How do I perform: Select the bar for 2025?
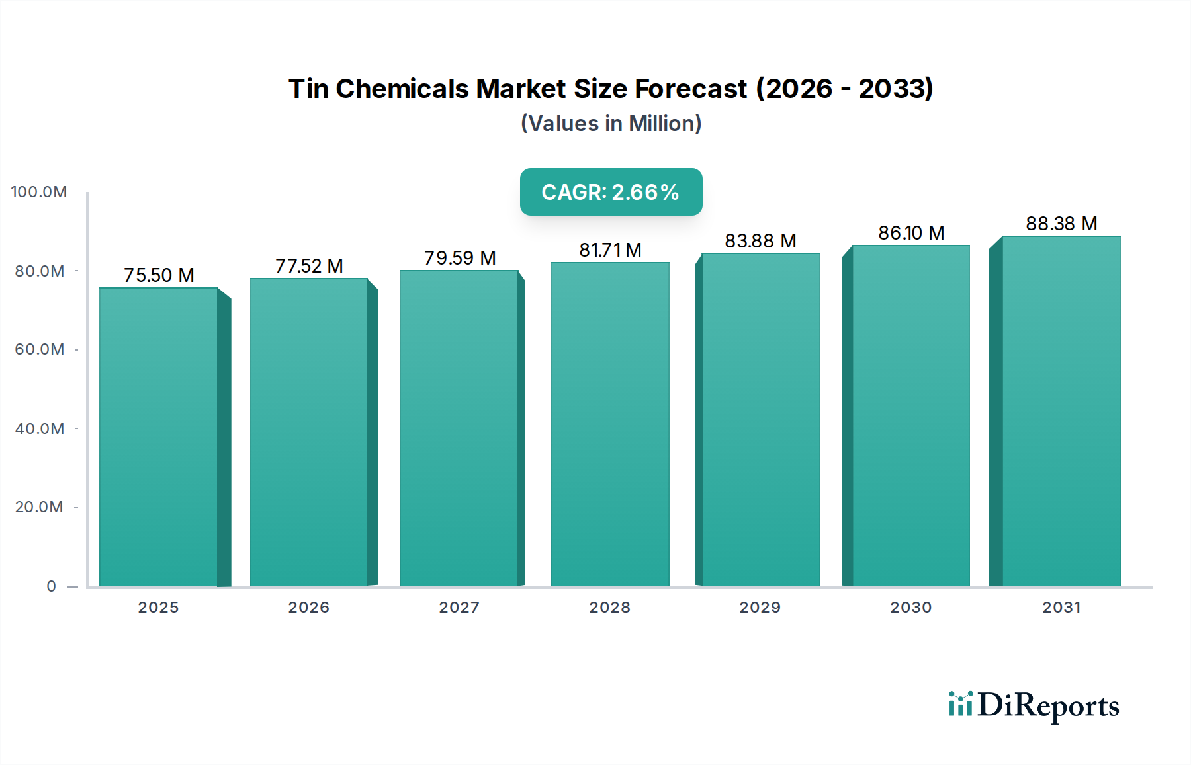(159, 437)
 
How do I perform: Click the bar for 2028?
(609, 424)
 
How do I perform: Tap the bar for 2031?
(1061, 411)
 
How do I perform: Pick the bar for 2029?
(760, 420)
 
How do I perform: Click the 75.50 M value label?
(159, 275)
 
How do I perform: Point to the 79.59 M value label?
(460, 258)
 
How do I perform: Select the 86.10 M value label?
(911, 233)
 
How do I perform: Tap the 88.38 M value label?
(1061, 224)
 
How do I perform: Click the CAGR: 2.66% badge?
(611, 192)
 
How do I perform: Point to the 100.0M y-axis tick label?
(39, 192)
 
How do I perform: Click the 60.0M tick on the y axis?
(40, 349)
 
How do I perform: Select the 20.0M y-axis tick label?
(39, 507)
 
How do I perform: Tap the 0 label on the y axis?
(52, 586)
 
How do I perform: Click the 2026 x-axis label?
(308, 607)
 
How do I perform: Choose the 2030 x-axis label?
(910, 607)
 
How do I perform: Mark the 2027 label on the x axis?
(459, 607)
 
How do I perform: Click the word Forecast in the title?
(690, 89)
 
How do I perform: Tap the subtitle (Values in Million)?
(611, 124)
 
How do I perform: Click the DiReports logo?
(1034, 705)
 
